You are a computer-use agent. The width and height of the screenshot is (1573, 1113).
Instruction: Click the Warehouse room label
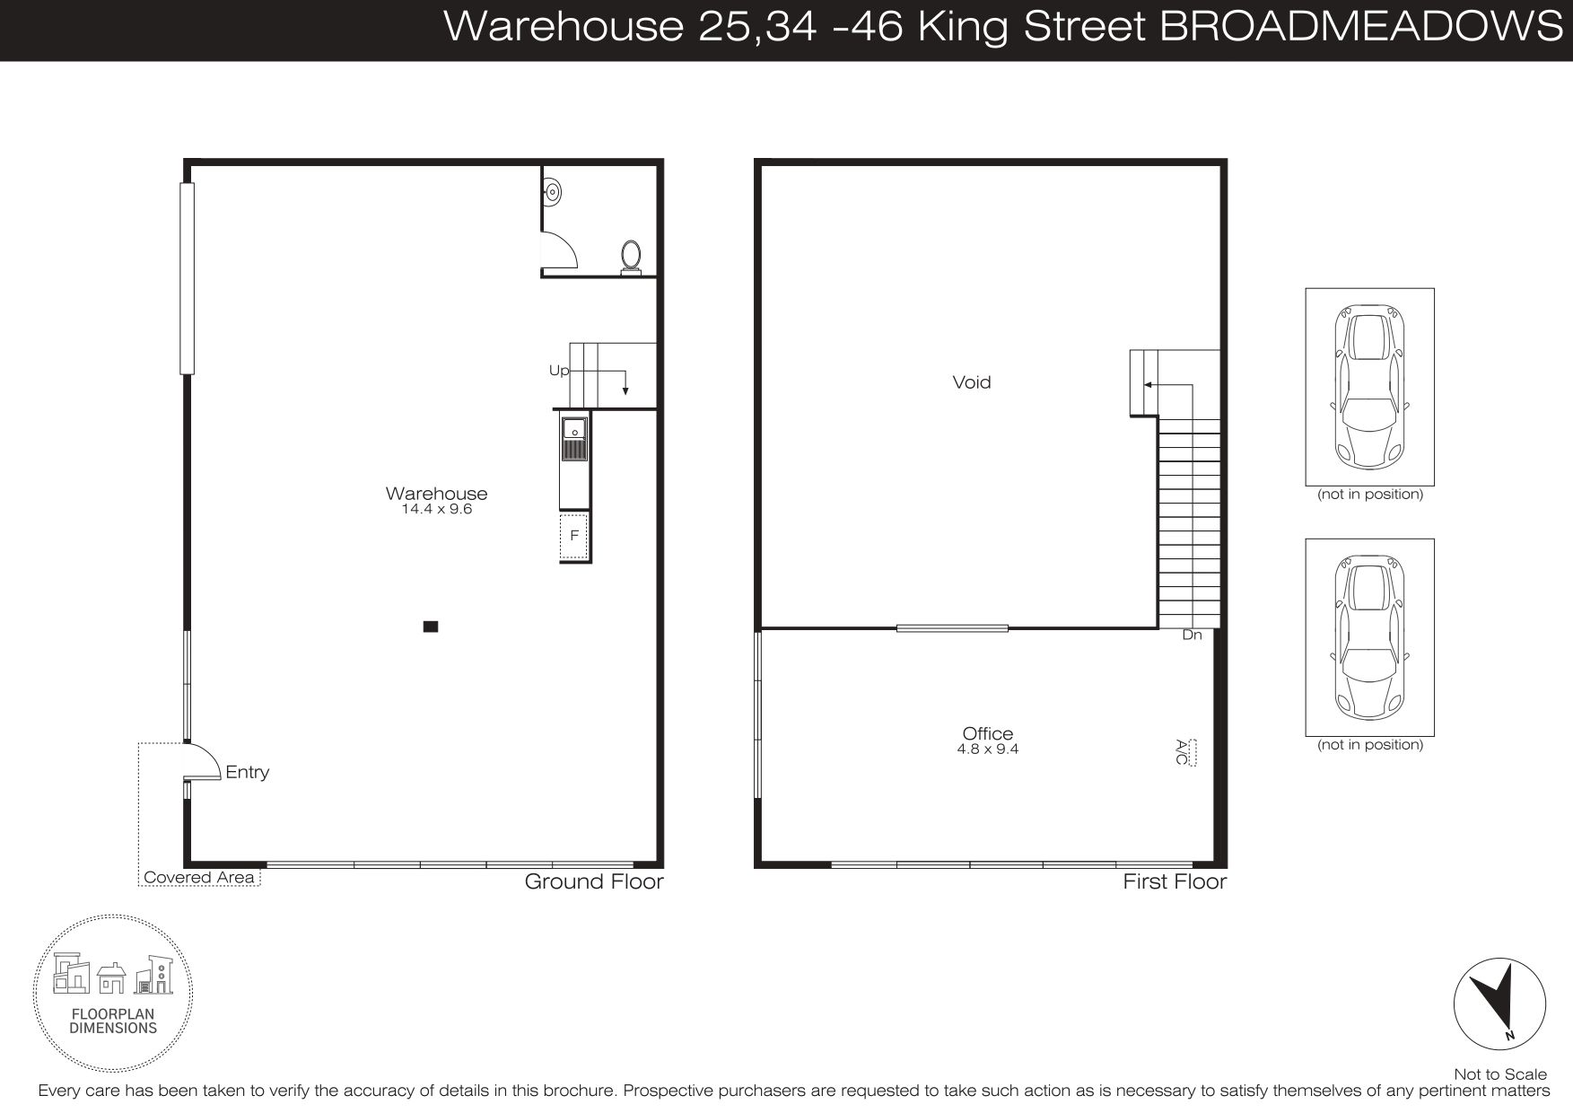click(x=436, y=494)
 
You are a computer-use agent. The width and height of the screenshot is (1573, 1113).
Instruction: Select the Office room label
click(x=988, y=734)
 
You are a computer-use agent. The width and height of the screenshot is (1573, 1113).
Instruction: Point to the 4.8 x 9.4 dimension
click(x=988, y=749)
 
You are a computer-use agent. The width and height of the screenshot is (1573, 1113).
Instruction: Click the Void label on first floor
click(x=972, y=382)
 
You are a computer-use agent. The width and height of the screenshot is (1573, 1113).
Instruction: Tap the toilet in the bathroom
click(x=632, y=257)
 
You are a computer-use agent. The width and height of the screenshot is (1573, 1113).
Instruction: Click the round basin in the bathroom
click(x=553, y=190)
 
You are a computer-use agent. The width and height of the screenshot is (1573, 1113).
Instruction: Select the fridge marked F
click(x=574, y=536)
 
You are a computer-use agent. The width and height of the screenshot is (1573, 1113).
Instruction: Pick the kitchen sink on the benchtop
click(x=574, y=439)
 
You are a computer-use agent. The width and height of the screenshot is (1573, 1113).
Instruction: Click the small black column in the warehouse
click(x=431, y=627)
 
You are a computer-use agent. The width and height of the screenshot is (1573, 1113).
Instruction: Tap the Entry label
click(x=248, y=772)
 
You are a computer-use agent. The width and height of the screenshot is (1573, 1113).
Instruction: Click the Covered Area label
click(x=199, y=878)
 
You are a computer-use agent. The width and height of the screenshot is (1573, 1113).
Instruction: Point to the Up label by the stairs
click(x=559, y=371)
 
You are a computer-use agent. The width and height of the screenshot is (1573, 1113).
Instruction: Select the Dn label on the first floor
click(x=1192, y=635)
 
